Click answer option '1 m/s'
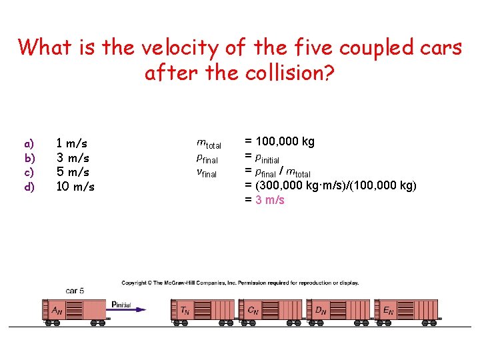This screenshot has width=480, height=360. (x=72, y=143)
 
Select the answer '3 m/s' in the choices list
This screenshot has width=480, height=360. (x=73, y=157)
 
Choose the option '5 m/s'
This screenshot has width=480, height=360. (x=73, y=172)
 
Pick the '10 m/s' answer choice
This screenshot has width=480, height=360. (x=75, y=187)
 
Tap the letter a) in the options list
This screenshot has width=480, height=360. (x=29, y=143)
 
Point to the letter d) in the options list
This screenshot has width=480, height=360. (x=29, y=187)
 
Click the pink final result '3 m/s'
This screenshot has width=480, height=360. (x=269, y=200)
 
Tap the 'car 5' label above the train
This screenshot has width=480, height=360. (x=75, y=291)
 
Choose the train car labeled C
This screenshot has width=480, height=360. (x=273, y=309)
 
